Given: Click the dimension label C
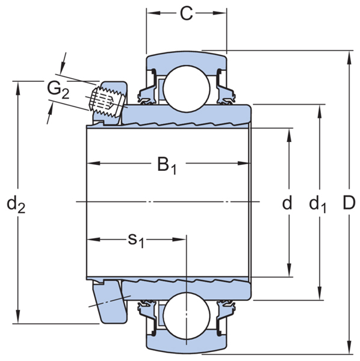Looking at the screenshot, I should point(187,14).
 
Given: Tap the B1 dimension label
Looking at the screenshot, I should point(167,164).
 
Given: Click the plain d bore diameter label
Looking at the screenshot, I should point(287,203).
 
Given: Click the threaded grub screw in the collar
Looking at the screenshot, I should point(107,99).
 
